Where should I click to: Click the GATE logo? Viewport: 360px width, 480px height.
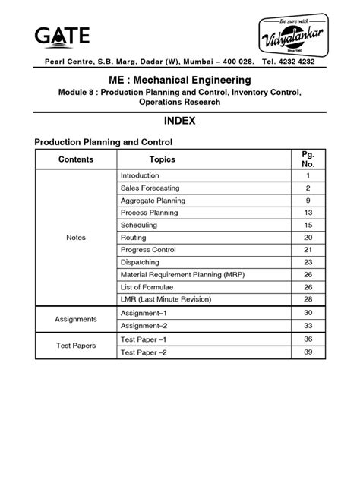pyautogui.click(x=62, y=35)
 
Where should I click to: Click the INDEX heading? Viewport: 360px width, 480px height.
pyautogui.click(x=180, y=121)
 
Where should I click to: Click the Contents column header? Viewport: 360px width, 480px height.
pyautogui.click(x=76, y=159)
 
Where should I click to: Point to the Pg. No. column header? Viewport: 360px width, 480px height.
pyautogui.click(x=308, y=159)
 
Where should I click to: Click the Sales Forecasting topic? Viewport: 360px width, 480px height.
pyautogui.click(x=145, y=188)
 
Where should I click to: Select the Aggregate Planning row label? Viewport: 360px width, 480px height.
pyautogui.click(x=152, y=201)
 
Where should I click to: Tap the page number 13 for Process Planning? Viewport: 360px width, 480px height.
pyautogui.click(x=308, y=213)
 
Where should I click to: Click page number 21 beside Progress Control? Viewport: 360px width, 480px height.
pyautogui.click(x=308, y=250)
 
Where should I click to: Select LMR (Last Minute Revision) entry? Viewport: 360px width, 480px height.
pyautogui.click(x=165, y=299)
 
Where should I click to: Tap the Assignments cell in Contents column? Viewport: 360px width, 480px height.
pyautogui.click(x=76, y=319)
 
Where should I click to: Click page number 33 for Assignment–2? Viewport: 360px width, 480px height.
pyautogui.click(x=308, y=324)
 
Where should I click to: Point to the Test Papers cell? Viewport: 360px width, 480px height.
pyautogui.click(x=76, y=345)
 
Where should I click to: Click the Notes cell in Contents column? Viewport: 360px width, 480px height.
pyautogui.click(x=76, y=238)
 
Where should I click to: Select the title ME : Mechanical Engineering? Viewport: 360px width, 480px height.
pyautogui.click(x=180, y=80)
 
